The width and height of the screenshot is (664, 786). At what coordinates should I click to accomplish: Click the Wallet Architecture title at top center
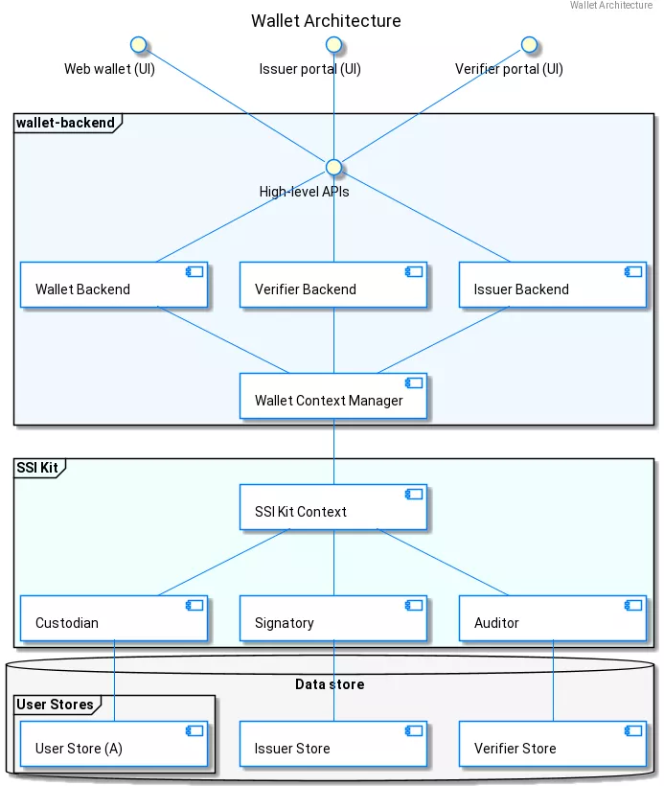326,21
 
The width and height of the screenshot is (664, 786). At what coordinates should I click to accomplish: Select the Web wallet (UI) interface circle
138,44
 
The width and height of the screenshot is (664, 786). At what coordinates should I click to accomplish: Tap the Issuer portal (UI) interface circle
333,44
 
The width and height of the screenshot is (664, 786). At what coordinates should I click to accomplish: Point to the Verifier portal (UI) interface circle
528,44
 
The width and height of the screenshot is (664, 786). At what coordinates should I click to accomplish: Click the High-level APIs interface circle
333,167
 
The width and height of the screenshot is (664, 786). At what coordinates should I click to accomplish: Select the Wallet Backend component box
114,285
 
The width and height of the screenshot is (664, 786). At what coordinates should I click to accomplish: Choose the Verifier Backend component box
332,285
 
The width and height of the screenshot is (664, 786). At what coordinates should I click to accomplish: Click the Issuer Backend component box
552,285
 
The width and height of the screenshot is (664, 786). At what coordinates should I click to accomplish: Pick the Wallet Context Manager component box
332,396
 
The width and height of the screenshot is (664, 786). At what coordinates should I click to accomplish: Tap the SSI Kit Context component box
332,507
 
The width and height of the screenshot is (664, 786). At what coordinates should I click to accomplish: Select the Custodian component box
114,618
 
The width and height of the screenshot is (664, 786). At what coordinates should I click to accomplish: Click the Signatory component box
332,618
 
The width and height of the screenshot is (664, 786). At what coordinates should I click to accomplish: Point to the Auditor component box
552,618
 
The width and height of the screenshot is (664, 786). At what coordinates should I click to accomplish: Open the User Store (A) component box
114,745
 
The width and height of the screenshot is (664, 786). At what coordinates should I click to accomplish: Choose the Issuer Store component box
332,745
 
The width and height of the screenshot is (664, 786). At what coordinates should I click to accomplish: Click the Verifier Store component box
552,745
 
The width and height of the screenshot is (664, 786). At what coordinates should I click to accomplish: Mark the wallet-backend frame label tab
66,123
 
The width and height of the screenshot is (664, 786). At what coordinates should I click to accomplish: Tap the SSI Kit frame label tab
37,468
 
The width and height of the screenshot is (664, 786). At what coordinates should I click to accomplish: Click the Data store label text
329,684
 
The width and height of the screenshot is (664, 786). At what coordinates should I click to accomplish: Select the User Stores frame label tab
56,705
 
